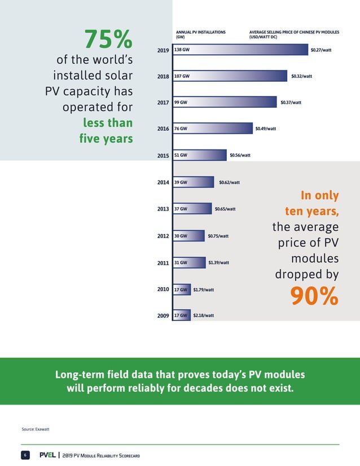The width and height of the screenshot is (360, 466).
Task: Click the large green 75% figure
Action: (x=108, y=39)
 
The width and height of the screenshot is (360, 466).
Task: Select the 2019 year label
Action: (x=163, y=50)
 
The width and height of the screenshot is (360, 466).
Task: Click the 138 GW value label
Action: (x=182, y=50)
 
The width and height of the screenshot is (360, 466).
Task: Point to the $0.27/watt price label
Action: (x=321, y=50)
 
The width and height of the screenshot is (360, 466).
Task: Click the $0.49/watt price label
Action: (x=265, y=129)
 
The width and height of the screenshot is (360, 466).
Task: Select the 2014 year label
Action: (x=163, y=182)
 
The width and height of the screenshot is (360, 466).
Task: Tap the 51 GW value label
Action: (x=180, y=155)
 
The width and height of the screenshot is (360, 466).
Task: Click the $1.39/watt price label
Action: (x=218, y=262)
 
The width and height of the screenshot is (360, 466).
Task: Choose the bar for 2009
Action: (x=182, y=315)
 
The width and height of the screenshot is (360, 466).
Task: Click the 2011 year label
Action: (x=163, y=262)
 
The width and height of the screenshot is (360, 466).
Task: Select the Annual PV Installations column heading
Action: (x=201, y=35)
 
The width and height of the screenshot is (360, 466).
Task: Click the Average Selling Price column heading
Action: (x=290, y=35)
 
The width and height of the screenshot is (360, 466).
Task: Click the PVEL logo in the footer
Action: (x=47, y=455)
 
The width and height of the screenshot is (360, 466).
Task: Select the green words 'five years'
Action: (x=108, y=138)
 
